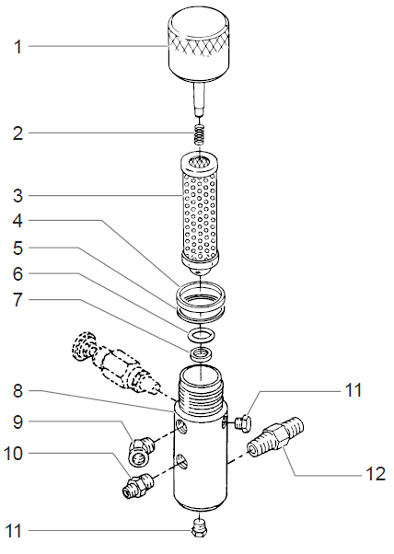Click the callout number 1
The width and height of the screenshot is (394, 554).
[x=17, y=46]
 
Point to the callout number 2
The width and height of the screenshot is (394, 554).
[x=17, y=133]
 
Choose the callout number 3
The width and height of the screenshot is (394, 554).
[x=17, y=195]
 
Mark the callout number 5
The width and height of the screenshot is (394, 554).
[x=17, y=248]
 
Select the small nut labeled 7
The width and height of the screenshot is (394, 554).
[x=201, y=353]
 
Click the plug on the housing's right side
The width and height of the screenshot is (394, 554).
[x=243, y=421]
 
